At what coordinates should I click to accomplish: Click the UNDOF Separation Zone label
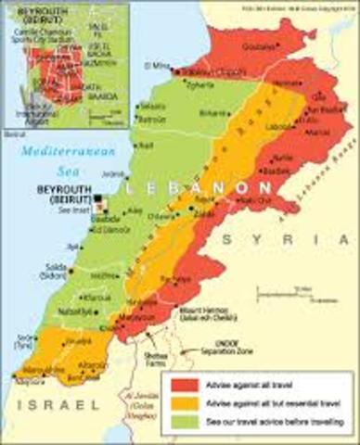[223, 353]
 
